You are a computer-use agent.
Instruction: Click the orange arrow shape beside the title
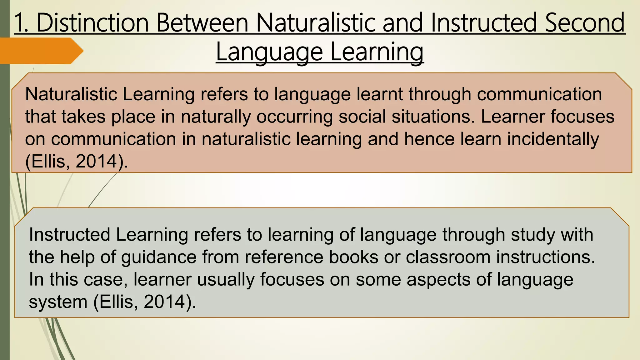tap(41, 51)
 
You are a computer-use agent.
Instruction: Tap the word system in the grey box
tap(58, 302)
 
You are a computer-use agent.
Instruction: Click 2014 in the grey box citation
tap(164, 302)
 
